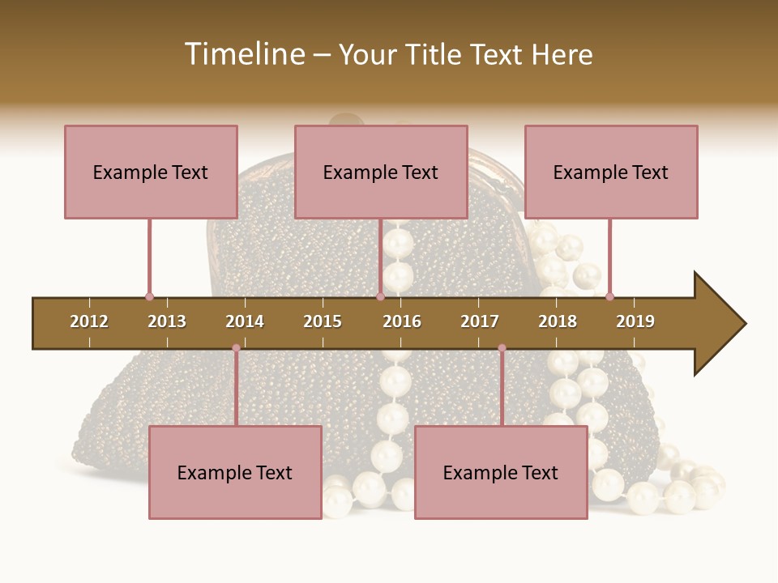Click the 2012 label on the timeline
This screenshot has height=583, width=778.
89,321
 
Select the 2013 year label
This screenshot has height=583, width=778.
167,321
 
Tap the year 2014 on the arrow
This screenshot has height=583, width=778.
245,321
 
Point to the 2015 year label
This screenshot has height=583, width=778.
323,321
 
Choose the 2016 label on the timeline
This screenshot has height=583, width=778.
402,321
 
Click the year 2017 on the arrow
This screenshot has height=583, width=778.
480,321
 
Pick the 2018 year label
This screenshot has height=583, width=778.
558,321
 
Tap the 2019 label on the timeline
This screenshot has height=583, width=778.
635,321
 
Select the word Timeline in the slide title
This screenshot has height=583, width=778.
244,54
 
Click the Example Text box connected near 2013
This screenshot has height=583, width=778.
151,172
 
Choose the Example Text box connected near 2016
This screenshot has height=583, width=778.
381,172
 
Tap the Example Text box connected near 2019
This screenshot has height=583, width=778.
611,172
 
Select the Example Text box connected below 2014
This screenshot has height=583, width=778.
235,472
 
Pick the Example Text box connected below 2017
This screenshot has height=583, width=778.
501,472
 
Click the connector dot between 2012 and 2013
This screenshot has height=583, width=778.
149,296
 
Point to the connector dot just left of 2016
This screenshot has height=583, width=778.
380,296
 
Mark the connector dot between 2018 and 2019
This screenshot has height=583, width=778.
609,296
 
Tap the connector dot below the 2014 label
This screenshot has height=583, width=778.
236,348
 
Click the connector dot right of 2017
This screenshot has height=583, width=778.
502,348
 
